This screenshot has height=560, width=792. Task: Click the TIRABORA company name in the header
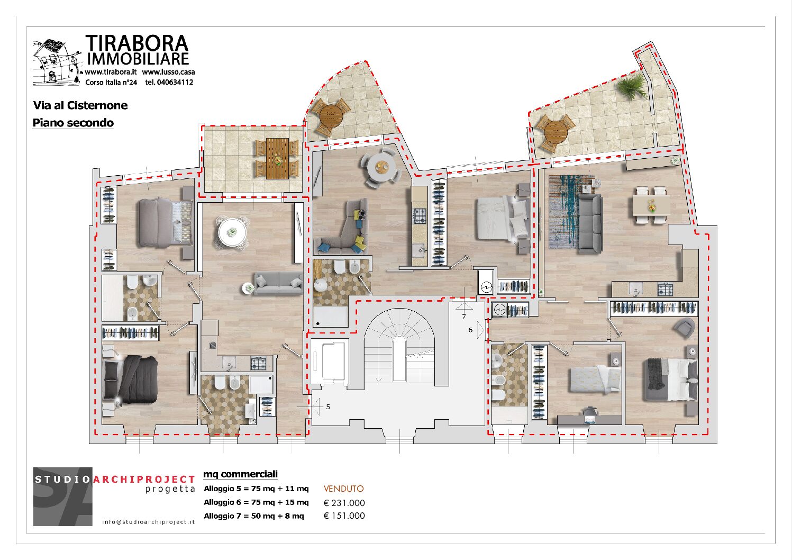click(137, 43)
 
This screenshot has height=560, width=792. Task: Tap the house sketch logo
click(57, 62)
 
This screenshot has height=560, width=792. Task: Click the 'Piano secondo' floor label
click(73, 123)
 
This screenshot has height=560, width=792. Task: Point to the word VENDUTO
click(344, 489)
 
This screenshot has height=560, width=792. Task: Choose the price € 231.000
click(344, 503)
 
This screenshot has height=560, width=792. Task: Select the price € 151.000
click(344, 516)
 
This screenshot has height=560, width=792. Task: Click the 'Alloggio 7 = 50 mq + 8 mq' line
click(254, 516)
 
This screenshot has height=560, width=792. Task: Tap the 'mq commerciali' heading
click(240, 474)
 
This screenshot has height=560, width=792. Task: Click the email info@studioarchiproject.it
click(149, 522)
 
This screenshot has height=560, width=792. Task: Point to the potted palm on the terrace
click(631, 86)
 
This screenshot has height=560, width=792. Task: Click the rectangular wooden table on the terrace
click(278, 158)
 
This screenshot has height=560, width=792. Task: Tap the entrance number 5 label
click(328, 407)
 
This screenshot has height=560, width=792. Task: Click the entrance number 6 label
click(470, 330)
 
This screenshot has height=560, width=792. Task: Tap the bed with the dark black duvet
click(131, 379)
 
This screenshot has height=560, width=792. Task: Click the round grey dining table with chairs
click(381, 167)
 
